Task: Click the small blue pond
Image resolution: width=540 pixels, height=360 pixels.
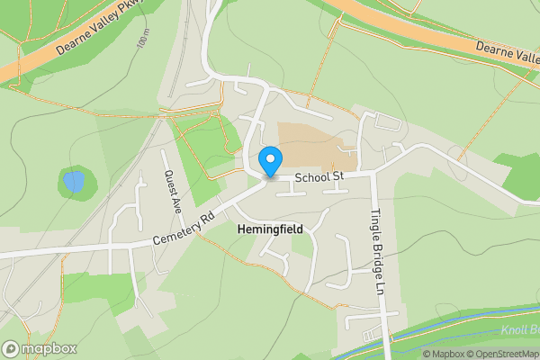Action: coord(74,183)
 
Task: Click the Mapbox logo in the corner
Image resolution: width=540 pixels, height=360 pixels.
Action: coord(40,348)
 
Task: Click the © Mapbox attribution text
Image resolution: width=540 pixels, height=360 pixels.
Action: coord(443,354)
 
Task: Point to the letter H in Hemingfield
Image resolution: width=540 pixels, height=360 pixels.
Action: coord(241,229)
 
